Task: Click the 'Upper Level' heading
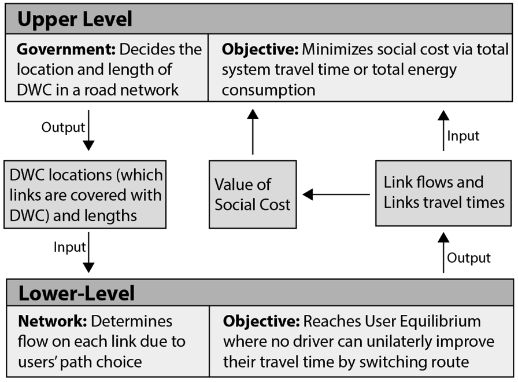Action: (75, 19)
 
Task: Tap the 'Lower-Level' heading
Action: (77, 293)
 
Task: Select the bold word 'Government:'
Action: (66, 50)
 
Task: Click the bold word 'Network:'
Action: (53, 321)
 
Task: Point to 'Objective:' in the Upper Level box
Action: (260, 50)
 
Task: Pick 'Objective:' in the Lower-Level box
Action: (261, 321)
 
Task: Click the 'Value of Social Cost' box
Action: (253, 194)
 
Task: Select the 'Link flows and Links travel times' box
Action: (443, 193)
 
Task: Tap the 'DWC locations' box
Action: (85, 194)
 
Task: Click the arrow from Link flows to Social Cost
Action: (336, 194)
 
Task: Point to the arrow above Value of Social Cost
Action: (253, 132)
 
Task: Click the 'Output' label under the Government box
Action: (63, 127)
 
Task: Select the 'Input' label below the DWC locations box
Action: (70, 247)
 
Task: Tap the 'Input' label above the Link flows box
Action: (463, 136)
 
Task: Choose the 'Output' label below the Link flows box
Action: (469, 258)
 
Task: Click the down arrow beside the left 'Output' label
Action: (88, 130)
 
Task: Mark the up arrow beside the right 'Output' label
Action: (443, 253)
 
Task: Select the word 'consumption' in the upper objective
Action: (269, 90)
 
